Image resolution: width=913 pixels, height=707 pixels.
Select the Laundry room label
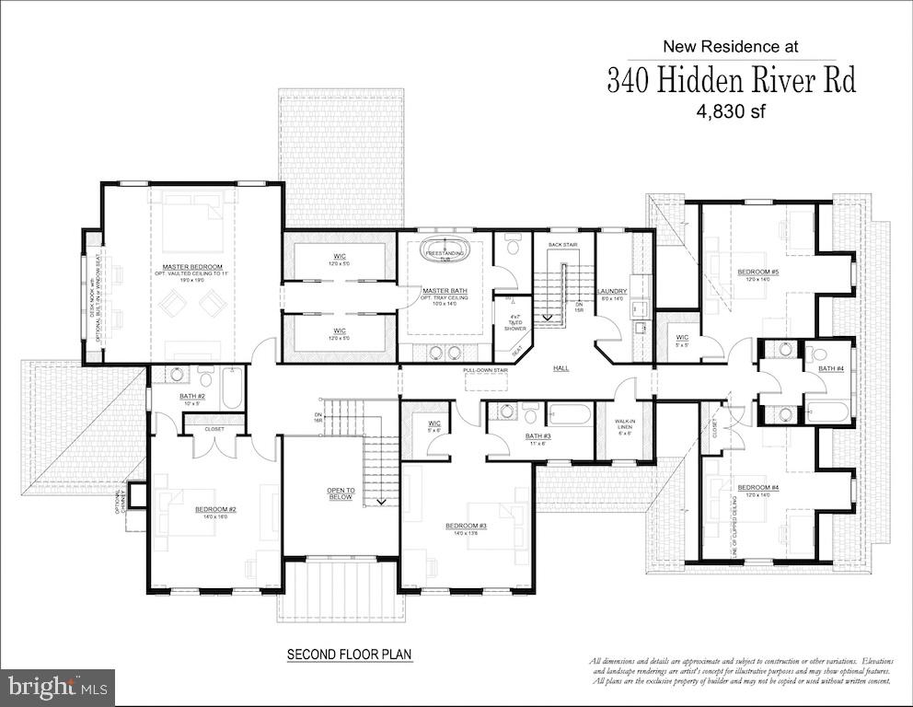(x=613, y=291)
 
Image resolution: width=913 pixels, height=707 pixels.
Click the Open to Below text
(x=340, y=493)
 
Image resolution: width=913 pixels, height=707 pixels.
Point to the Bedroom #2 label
(x=215, y=509)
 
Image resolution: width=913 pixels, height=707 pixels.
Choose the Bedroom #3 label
(x=466, y=526)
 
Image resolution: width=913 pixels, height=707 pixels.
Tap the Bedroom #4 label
(x=757, y=487)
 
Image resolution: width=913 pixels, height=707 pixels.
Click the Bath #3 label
(x=538, y=435)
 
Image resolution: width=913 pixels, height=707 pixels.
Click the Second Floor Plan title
(x=349, y=655)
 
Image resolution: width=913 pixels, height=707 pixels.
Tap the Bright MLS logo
(x=57, y=686)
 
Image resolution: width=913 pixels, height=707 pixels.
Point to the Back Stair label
(x=561, y=245)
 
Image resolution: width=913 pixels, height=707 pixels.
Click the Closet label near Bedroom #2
(x=214, y=428)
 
